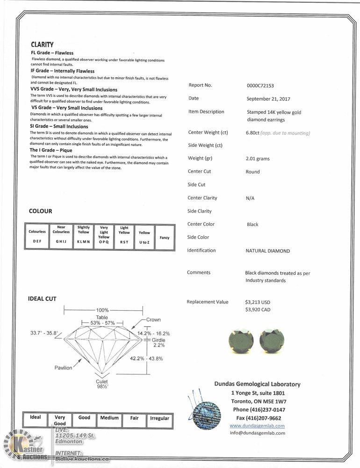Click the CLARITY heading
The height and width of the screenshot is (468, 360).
point(42,44)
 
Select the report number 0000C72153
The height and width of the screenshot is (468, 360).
point(260,86)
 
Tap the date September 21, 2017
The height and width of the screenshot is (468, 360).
point(268,99)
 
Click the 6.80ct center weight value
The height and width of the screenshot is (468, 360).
point(252,133)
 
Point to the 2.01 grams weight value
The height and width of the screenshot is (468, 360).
point(258,159)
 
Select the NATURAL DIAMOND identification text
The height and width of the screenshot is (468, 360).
point(267,251)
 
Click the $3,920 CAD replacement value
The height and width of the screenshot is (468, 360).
point(258,309)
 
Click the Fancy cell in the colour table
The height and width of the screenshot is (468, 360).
point(165,238)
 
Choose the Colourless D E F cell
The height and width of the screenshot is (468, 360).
point(37,237)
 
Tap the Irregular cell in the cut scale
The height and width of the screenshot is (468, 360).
point(159,418)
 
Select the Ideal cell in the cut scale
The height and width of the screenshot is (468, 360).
point(35,417)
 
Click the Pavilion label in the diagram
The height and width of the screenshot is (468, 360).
point(63,367)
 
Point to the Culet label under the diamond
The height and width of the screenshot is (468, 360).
point(102,382)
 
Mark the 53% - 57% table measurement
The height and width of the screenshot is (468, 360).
point(102,323)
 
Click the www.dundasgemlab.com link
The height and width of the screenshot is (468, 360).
point(257,426)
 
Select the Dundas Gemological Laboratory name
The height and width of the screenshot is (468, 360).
point(257,384)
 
